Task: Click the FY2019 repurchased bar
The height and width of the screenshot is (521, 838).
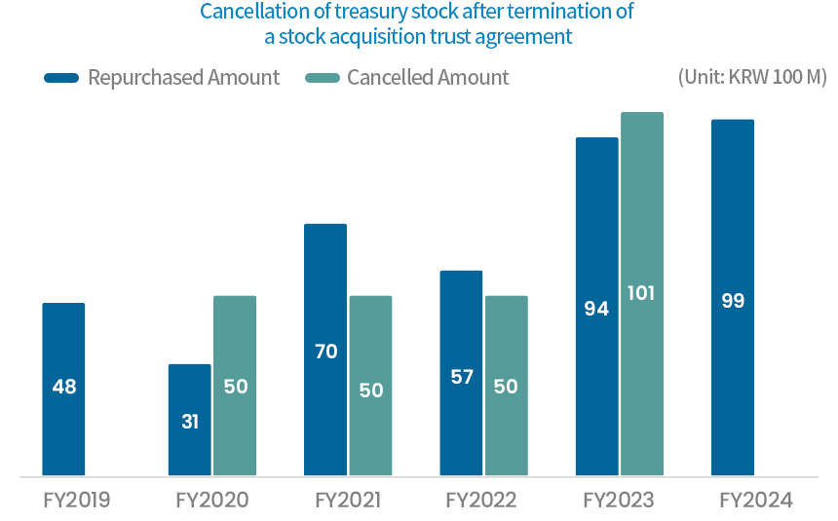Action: click(x=63, y=390)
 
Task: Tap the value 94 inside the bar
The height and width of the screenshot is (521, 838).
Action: click(x=596, y=309)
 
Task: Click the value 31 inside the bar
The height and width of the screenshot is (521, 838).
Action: click(x=189, y=422)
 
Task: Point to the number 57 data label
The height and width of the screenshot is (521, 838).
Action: click(x=461, y=377)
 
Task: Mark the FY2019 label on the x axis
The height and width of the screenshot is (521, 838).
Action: click(x=77, y=502)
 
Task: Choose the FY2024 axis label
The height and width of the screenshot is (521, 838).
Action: click(x=756, y=502)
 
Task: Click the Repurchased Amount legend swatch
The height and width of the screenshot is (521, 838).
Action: click(x=61, y=78)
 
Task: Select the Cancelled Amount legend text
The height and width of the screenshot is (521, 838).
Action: click(x=428, y=78)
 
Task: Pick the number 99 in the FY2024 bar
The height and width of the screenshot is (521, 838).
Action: click(x=732, y=301)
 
